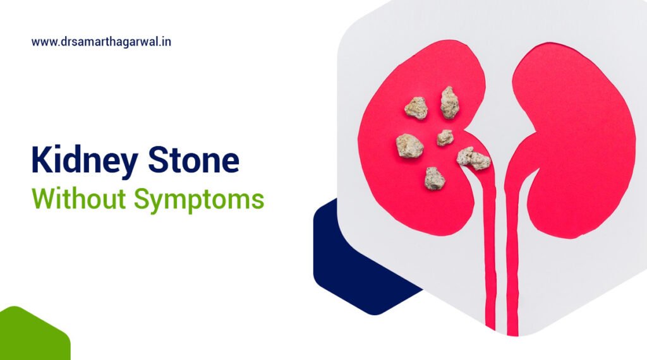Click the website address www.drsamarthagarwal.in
coord(102,42)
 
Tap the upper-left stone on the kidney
coord(416,108)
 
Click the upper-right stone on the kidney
coord(449,102)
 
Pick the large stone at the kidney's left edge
coord(409,146)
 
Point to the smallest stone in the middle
coord(445,137)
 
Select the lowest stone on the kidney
coord(435,178)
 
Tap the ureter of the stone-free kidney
coord(512,265)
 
